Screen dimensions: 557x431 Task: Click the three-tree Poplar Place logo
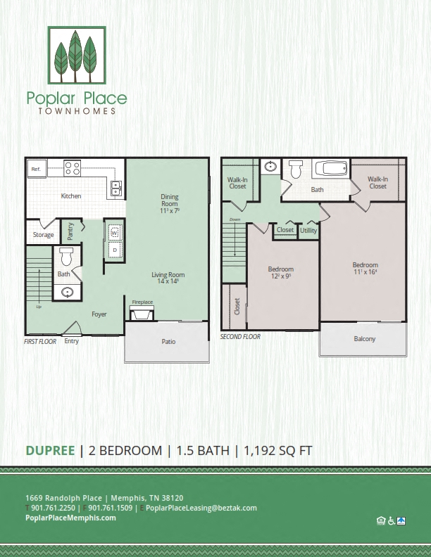[x=77, y=55]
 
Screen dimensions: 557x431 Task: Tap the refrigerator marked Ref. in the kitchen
[x=35, y=169]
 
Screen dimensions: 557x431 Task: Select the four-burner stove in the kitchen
[x=72, y=168]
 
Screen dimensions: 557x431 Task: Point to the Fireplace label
[x=142, y=302]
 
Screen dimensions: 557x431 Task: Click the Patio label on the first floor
[x=168, y=342]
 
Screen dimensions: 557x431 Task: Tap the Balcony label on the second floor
[x=364, y=339]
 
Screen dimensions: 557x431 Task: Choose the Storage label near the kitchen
[x=43, y=235]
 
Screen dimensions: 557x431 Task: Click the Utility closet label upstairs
[x=308, y=231]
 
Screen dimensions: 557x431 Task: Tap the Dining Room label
[x=169, y=200]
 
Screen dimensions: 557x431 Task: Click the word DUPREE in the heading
[x=51, y=451]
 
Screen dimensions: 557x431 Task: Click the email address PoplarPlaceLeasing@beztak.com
[x=201, y=508]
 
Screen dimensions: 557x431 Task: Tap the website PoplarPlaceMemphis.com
[x=70, y=518]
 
